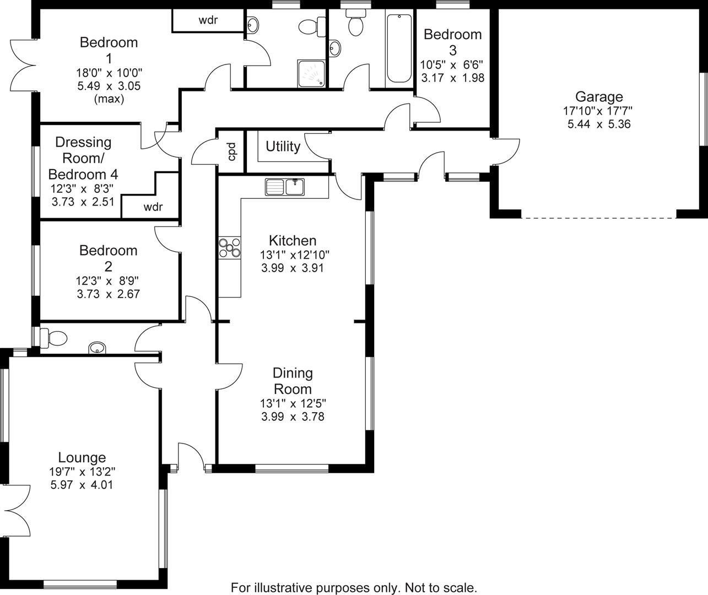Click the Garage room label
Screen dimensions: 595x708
coord(599,97)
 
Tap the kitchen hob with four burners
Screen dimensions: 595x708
coord(230,247)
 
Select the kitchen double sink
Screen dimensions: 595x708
coord(284,187)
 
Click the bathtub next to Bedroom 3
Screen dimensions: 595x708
coord(398,48)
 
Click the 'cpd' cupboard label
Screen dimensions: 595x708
coord(231,152)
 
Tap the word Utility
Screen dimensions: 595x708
coord(283,147)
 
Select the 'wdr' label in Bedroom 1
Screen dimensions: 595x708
coord(208,20)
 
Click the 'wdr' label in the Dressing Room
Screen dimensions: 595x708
coord(153,208)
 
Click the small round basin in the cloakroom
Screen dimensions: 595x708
coord(98,348)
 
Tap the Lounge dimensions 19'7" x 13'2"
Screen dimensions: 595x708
coord(82,472)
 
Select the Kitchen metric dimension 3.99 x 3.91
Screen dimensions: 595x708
coord(292,268)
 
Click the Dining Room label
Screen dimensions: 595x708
coord(293,381)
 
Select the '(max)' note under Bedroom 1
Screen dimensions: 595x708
coord(109,99)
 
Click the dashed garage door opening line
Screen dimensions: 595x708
coord(598,218)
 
